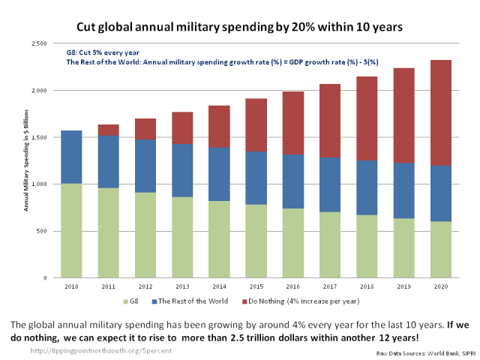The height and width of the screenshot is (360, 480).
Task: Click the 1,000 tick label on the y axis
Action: click(39, 184)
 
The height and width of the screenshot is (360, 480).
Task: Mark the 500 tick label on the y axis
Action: click(42, 231)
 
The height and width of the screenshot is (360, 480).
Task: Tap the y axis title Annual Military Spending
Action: click(26, 161)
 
